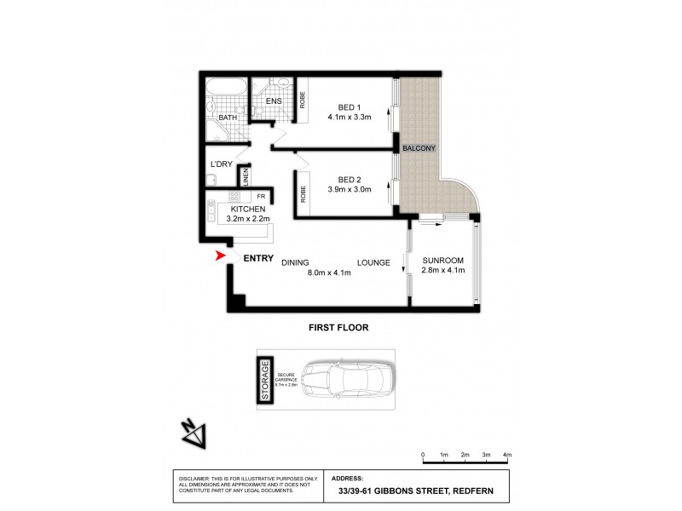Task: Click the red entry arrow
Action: click(219, 255)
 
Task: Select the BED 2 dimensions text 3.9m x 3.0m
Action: click(350, 191)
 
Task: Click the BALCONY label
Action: click(419, 148)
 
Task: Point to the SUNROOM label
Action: click(442, 260)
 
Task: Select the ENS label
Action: click(273, 101)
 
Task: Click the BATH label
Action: click(227, 118)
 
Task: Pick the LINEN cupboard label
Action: click(246, 176)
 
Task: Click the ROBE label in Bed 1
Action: click(301, 97)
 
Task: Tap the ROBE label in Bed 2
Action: click(302, 194)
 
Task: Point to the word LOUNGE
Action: click(373, 263)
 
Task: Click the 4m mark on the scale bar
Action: click(507, 456)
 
